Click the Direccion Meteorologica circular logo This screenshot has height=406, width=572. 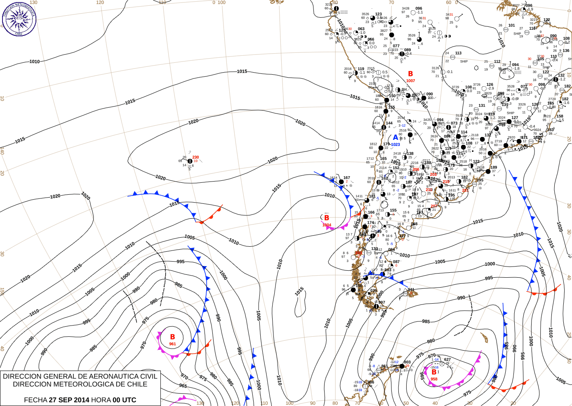19,18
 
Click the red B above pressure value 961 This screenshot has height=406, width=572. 172,337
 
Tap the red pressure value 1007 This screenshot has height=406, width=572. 410,81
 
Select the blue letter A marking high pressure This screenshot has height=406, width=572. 395,137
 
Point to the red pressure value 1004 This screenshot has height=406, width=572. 327,225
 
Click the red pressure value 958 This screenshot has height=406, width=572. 434,379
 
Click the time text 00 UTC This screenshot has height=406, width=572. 124,400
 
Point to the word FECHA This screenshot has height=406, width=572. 35,400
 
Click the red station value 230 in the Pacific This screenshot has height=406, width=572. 195,157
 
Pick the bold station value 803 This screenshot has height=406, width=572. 407,362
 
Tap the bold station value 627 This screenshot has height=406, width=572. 447,359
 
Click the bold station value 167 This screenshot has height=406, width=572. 346,178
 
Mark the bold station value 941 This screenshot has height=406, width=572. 411,290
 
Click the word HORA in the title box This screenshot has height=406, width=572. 101,400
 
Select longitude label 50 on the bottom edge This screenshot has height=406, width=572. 406,403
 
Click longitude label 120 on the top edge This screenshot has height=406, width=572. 100,2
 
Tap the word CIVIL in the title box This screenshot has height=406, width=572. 148,376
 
